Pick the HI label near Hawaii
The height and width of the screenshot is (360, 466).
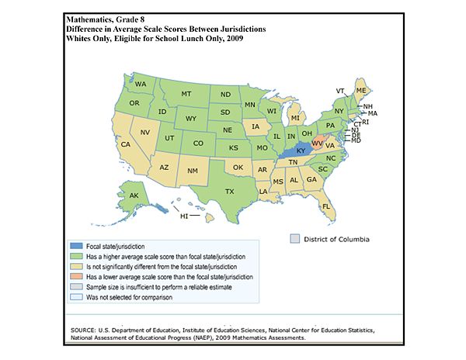click(184, 216)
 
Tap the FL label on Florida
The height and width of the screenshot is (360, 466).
click(326, 206)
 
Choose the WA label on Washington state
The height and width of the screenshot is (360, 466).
click(141, 84)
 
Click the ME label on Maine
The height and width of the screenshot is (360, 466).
click(360, 91)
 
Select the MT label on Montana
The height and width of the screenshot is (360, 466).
click(186, 94)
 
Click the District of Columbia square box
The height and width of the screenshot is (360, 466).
click(295, 238)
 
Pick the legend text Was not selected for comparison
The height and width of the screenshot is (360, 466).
click(168, 299)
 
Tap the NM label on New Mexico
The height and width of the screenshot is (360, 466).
click(193, 169)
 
